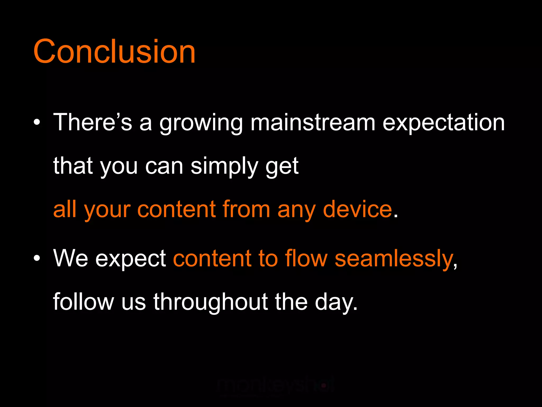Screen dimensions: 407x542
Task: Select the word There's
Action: click(x=92, y=122)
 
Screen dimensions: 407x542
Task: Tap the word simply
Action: click(x=224, y=166)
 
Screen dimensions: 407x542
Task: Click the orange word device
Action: click(x=357, y=209)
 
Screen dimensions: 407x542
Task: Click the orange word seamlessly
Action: click(x=394, y=258)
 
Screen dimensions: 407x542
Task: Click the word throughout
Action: click(x=211, y=302)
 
